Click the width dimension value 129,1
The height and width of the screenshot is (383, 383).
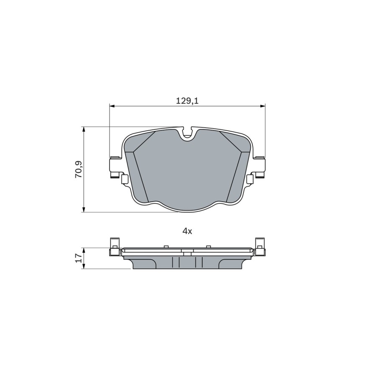point(188,101)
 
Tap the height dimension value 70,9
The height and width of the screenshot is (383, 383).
point(79,169)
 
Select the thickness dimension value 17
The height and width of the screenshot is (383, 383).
point(79,258)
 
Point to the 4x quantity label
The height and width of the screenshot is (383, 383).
point(188,231)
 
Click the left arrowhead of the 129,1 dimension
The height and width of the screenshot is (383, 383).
point(112,106)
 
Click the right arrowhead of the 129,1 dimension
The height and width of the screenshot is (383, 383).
point(262,106)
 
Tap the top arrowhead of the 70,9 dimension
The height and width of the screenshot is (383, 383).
point(84,129)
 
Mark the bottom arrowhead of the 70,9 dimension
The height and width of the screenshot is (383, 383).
point(84,210)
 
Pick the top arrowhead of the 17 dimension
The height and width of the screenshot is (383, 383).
point(84,250)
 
